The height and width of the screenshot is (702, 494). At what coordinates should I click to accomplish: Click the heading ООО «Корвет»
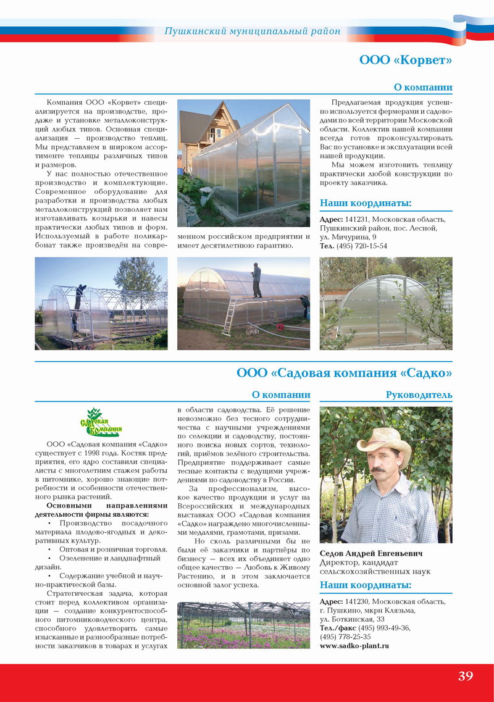click(x=406, y=60)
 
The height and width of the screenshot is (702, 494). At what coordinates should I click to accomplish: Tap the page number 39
click(x=466, y=675)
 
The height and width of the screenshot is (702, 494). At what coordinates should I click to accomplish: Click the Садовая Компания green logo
click(x=101, y=422)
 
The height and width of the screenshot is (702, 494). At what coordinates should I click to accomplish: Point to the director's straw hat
click(x=383, y=440)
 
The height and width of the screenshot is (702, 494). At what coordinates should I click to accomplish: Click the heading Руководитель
click(x=419, y=395)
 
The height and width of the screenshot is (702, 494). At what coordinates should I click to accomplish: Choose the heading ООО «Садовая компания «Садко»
click(x=344, y=373)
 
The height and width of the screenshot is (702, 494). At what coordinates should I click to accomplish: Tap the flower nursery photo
click(x=243, y=625)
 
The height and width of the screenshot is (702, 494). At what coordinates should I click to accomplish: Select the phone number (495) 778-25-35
click(x=345, y=637)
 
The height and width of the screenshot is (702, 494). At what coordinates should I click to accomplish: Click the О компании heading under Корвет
click(x=422, y=88)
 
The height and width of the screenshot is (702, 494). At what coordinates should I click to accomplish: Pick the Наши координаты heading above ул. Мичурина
click(x=365, y=204)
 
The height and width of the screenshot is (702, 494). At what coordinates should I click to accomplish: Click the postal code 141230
click(x=357, y=601)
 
